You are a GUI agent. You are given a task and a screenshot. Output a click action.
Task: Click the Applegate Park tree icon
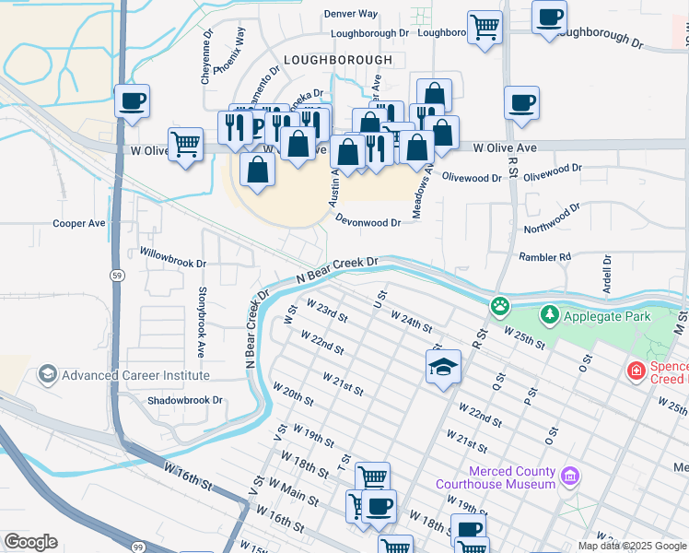click(x=550, y=316)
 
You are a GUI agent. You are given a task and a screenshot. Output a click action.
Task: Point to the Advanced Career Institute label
click(x=135, y=375)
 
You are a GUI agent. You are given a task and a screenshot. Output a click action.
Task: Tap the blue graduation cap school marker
click(x=443, y=367)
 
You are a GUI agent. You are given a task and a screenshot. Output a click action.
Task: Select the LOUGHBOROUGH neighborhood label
click(x=337, y=60)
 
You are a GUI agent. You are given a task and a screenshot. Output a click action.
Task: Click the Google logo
click(x=30, y=542)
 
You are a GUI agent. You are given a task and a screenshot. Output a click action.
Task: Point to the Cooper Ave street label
click(x=79, y=224)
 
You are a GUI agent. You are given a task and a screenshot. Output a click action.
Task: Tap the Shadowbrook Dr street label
click(x=186, y=400)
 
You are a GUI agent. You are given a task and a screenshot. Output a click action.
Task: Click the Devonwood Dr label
click(x=368, y=222)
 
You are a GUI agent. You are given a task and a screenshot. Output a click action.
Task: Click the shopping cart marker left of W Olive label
click(x=186, y=144)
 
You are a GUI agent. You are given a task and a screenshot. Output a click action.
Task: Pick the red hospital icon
click(x=635, y=371)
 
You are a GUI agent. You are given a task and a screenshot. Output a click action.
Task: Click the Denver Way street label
click(x=351, y=14)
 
